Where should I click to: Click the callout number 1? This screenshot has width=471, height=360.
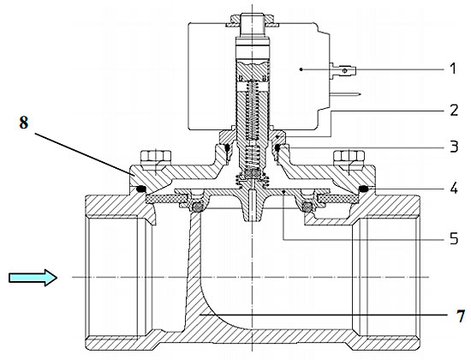click(453, 69)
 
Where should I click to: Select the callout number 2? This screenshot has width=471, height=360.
click(454, 111)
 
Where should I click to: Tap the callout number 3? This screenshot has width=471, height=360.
click(454, 147)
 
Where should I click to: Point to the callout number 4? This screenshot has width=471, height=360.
click(454, 188)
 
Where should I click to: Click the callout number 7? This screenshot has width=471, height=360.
click(461, 315)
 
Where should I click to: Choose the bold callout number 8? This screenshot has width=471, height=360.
click(24, 123)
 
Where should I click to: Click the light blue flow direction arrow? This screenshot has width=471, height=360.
click(33, 278)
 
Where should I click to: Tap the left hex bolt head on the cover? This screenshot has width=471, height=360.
click(156, 156)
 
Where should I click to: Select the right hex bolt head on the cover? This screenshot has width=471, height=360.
click(349, 156)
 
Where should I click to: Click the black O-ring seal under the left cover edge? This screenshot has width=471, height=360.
click(140, 189)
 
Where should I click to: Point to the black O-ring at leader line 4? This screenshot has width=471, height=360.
click(364, 189)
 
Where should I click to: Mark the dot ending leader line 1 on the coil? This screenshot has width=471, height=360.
click(301, 69)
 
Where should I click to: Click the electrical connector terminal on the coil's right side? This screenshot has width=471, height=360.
click(343, 71)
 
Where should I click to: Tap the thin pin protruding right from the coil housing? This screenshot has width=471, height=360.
click(345, 94)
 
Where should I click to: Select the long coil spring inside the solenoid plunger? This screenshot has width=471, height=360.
click(253, 110)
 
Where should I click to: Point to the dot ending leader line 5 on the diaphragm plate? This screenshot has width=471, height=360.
click(283, 190)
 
